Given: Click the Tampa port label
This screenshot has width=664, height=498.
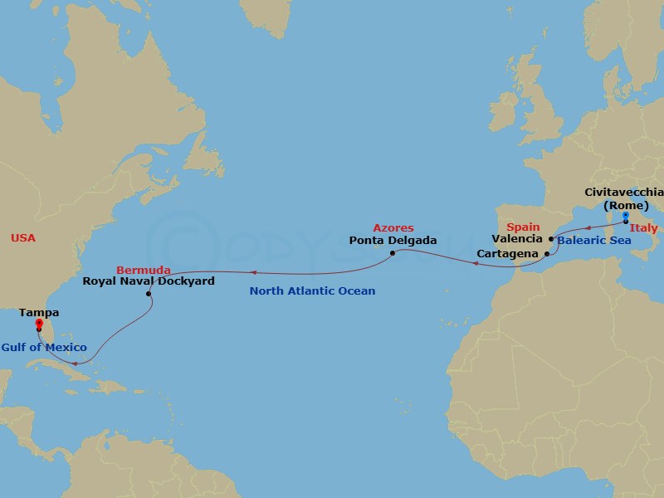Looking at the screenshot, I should coord(38,315).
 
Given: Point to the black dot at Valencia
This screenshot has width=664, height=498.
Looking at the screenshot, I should coord(551,238).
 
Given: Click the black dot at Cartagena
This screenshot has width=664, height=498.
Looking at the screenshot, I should coord(546,252).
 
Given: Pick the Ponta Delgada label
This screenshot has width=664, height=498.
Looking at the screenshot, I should coord(393,242).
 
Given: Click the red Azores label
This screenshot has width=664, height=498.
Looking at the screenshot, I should coord(393,227).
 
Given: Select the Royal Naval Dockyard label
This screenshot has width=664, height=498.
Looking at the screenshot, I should coord(149,281).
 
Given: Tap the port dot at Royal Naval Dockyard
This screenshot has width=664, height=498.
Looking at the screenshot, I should coord(149,294).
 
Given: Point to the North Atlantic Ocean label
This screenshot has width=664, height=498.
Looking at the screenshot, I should coord(313,291).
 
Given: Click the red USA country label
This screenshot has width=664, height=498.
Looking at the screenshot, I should coord(23,239).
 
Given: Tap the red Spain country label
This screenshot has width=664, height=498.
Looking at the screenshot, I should coord(523,227).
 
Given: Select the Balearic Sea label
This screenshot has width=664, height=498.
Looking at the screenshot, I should coord(594,241).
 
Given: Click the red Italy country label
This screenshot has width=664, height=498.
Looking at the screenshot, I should coord(644,228).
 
